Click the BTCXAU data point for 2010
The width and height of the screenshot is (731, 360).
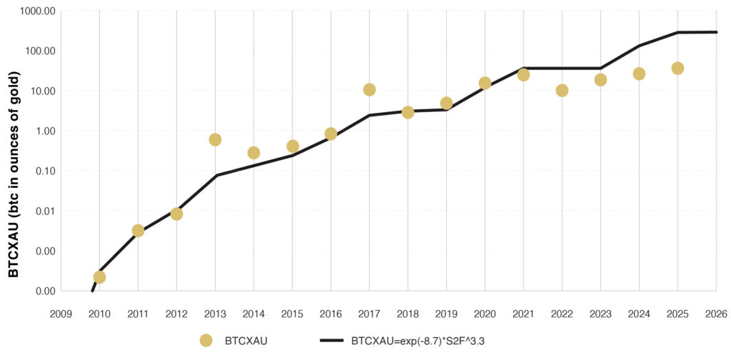[x=99, y=277]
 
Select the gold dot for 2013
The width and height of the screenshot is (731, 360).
[x=215, y=139]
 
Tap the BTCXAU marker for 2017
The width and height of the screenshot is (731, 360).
[x=369, y=89]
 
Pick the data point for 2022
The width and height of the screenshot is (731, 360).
[x=562, y=91]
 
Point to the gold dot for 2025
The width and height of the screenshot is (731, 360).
[x=677, y=68]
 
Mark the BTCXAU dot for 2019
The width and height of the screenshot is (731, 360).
[x=446, y=104]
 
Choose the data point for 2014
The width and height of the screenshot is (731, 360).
[x=253, y=153]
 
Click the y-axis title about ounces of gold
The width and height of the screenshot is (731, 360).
[x=14, y=169]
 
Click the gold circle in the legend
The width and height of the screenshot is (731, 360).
[x=206, y=341]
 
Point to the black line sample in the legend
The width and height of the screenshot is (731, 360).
[x=327, y=341]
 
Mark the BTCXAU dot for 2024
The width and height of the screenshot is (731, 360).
[x=639, y=74]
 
